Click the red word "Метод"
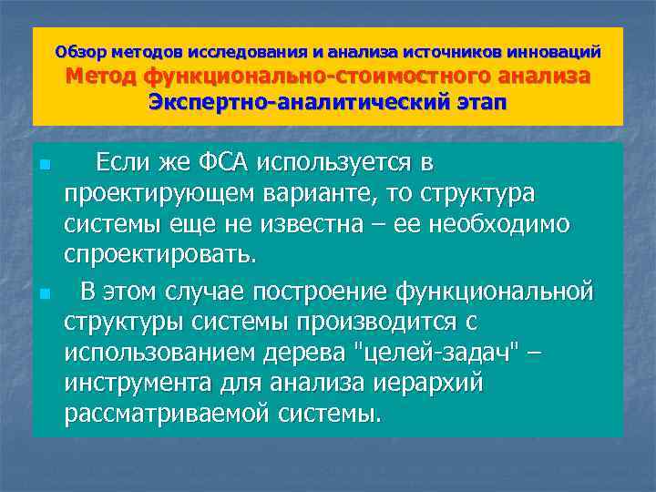tap(105, 77)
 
